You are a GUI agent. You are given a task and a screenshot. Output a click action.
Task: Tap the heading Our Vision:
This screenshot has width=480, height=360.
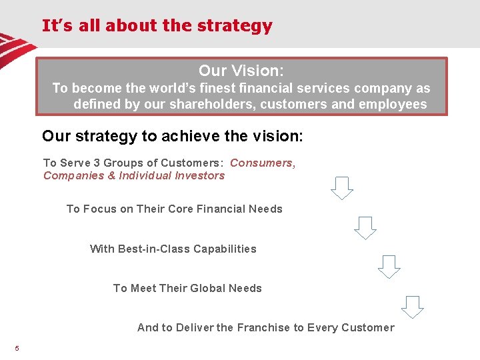click(241, 70)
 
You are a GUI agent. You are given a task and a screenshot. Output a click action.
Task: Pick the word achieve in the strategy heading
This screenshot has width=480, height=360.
click(190, 137)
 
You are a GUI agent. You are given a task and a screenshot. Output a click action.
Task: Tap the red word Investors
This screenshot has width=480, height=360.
click(201, 175)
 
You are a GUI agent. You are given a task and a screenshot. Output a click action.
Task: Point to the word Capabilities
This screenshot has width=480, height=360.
click(225, 249)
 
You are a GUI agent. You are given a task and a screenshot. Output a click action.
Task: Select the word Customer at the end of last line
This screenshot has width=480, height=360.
click(367, 327)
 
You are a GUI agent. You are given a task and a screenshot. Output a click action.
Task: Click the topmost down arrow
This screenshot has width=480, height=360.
click(342, 188)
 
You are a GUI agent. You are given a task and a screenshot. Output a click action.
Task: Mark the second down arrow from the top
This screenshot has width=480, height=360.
click(365, 228)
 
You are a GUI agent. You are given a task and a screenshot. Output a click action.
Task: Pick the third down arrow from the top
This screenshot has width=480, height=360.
click(389, 267)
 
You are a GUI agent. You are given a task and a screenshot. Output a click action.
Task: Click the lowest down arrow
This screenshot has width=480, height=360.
click(413, 307)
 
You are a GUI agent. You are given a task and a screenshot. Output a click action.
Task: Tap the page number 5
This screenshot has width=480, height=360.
click(17, 348)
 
